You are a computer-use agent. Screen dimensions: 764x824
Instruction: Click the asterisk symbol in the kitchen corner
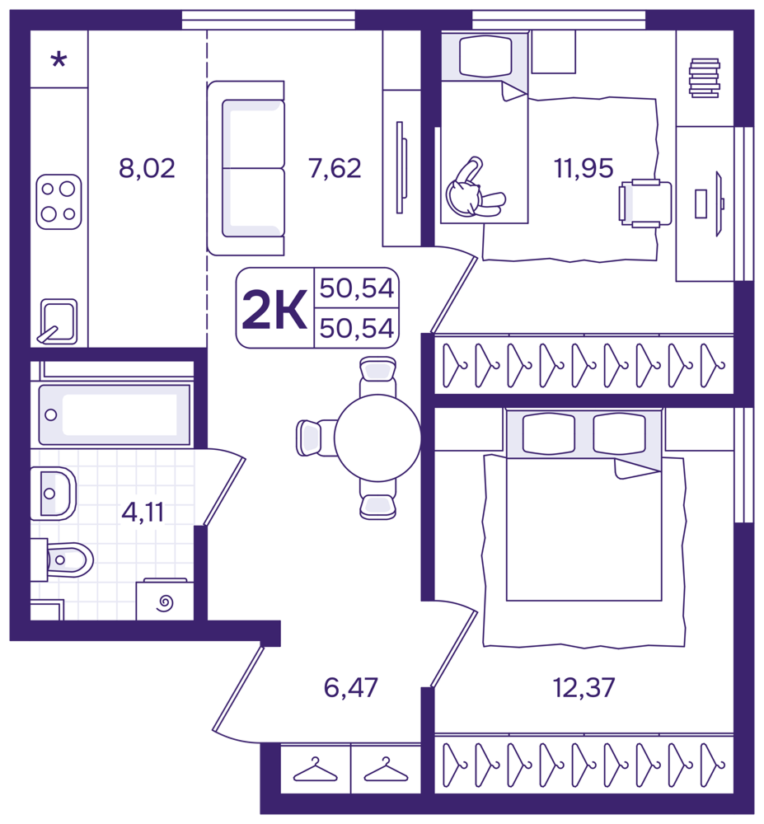click(59, 59)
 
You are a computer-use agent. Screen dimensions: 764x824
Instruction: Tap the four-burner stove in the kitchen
click(59, 202)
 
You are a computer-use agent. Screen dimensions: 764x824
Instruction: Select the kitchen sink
click(58, 321)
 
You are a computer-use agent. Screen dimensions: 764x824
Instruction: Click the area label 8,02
click(147, 169)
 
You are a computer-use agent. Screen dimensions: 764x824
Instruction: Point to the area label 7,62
click(335, 169)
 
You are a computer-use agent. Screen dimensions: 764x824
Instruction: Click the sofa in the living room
click(246, 168)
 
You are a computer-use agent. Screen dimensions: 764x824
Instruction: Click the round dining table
click(377, 438)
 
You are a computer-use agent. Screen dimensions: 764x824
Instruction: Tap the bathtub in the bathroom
click(115, 414)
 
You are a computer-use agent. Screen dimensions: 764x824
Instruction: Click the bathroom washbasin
click(53, 494)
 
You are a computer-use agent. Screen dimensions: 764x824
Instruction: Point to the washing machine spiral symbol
click(165, 603)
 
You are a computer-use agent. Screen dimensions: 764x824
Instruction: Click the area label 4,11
click(143, 512)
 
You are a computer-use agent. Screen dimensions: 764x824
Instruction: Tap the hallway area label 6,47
click(350, 687)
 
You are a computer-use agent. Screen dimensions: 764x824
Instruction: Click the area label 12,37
click(584, 687)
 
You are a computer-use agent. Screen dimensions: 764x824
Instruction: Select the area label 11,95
click(584, 169)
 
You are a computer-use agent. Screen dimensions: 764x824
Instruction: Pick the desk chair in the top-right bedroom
click(646, 203)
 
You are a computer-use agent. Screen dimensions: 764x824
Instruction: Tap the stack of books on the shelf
click(704, 77)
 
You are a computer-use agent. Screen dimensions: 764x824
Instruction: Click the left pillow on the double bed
click(548, 433)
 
